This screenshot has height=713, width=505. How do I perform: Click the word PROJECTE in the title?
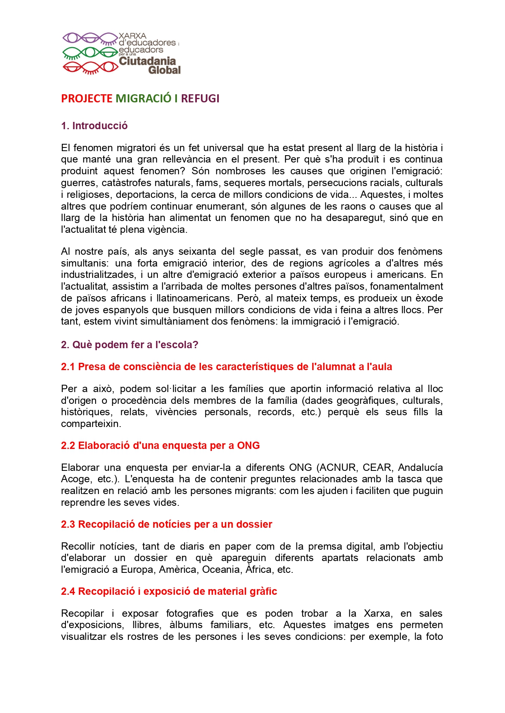pyautogui.click(x=87, y=99)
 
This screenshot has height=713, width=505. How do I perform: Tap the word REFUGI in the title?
pyautogui.click(x=200, y=99)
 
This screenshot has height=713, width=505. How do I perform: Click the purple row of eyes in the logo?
pyautogui.click(x=90, y=39)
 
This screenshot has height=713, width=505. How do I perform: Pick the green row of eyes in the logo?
pyautogui.click(x=90, y=53)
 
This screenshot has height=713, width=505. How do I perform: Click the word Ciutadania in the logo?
pyautogui.click(x=147, y=61)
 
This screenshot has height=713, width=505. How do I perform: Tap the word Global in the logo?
pyautogui.click(x=164, y=70)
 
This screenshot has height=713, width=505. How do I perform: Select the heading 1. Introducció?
pyautogui.click(x=94, y=126)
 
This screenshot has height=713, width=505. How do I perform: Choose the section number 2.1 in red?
pyautogui.click(x=68, y=367)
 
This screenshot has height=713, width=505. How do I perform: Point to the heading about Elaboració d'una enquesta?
pyautogui.click(x=160, y=446)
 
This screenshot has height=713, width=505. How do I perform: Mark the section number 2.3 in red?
pyautogui.click(x=68, y=524)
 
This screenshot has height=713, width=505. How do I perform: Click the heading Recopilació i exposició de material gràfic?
pyautogui.click(x=177, y=592)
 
